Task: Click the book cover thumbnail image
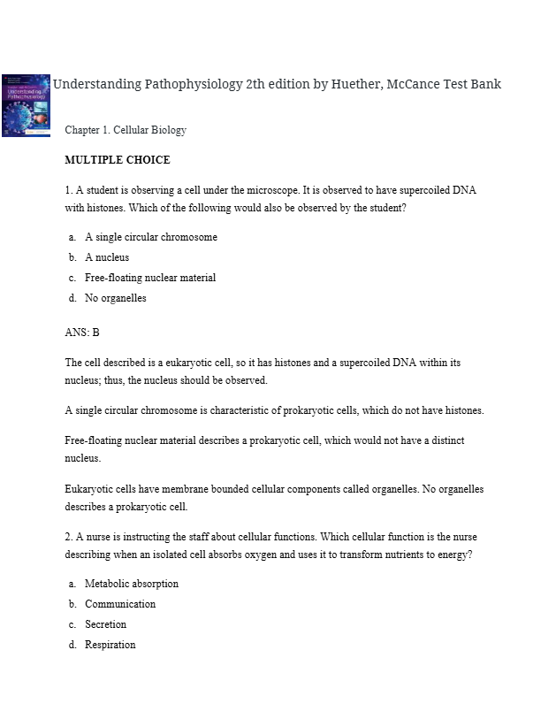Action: pyautogui.click(x=26, y=105)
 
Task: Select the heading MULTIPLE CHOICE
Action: pyautogui.click(x=118, y=160)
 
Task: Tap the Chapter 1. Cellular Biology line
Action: pyautogui.click(x=126, y=130)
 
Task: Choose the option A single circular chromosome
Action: pyautogui.click(x=150, y=237)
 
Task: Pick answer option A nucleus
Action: pyautogui.click(x=107, y=257)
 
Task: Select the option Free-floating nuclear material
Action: pyautogui.click(x=150, y=278)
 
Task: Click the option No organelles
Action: pyautogui.click(x=116, y=298)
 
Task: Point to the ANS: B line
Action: pyautogui.click(x=82, y=333)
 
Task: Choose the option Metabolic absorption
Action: pyautogui.click(x=132, y=584)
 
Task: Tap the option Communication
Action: pyautogui.click(x=120, y=604)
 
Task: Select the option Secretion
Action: pyautogui.click(x=106, y=624)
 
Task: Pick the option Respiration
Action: pyautogui.click(x=110, y=645)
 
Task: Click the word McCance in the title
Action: pyautogui.click(x=415, y=84)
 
